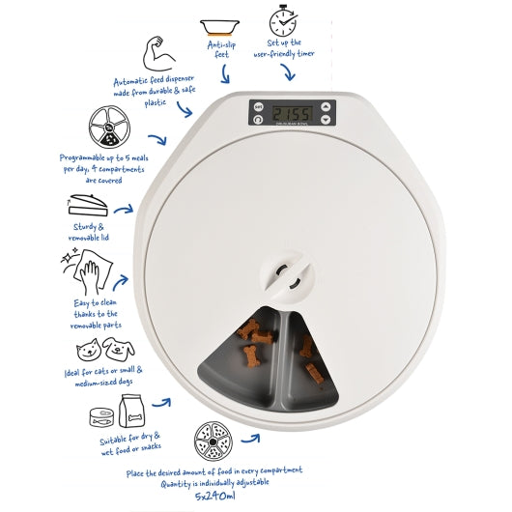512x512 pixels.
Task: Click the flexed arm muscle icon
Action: click(x=158, y=54)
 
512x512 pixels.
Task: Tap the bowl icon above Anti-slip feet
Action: click(x=219, y=27)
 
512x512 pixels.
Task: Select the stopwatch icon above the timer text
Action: click(x=283, y=20)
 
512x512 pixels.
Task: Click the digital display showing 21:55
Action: click(x=293, y=113)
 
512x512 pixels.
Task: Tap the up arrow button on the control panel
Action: click(x=326, y=106)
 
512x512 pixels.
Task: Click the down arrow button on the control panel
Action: click(x=326, y=119)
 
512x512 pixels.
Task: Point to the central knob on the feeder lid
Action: click(x=287, y=276)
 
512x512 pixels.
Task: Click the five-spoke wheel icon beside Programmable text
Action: click(x=109, y=127)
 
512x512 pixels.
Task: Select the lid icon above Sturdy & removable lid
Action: click(x=88, y=205)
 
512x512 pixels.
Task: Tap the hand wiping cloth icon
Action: click(x=89, y=271)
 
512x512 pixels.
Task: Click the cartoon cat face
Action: click(x=88, y=350)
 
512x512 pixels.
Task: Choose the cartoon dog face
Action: click(x=118, y=349)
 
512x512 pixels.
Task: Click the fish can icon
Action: click(x=101, y=417)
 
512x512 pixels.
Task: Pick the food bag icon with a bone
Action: click(x=131, y=411)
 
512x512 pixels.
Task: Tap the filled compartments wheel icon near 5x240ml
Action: click(x=213, y=441)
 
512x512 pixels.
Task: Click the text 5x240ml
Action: click(x=215, y=497)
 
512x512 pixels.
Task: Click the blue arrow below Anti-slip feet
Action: click(x=225, y=74)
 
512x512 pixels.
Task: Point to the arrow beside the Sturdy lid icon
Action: click(x=124, y=210)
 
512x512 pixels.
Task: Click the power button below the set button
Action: click(x=258, y=120)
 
